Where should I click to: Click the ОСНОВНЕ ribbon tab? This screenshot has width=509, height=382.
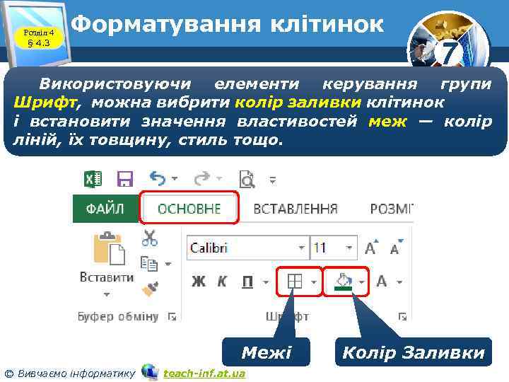189,209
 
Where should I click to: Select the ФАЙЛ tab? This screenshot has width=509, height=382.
105,209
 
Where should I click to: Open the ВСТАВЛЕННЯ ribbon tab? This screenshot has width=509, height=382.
295,209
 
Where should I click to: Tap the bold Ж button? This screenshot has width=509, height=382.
199,282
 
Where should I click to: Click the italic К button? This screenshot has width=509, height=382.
222,282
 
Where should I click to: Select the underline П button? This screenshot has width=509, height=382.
247,282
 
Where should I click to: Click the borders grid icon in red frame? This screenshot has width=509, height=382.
294,282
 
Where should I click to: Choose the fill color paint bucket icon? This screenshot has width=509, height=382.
344,282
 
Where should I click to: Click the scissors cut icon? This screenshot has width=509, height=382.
149,238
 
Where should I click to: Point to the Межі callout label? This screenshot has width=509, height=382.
266,352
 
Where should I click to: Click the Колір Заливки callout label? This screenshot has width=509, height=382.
413,352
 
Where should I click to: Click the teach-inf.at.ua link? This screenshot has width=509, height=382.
204,373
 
